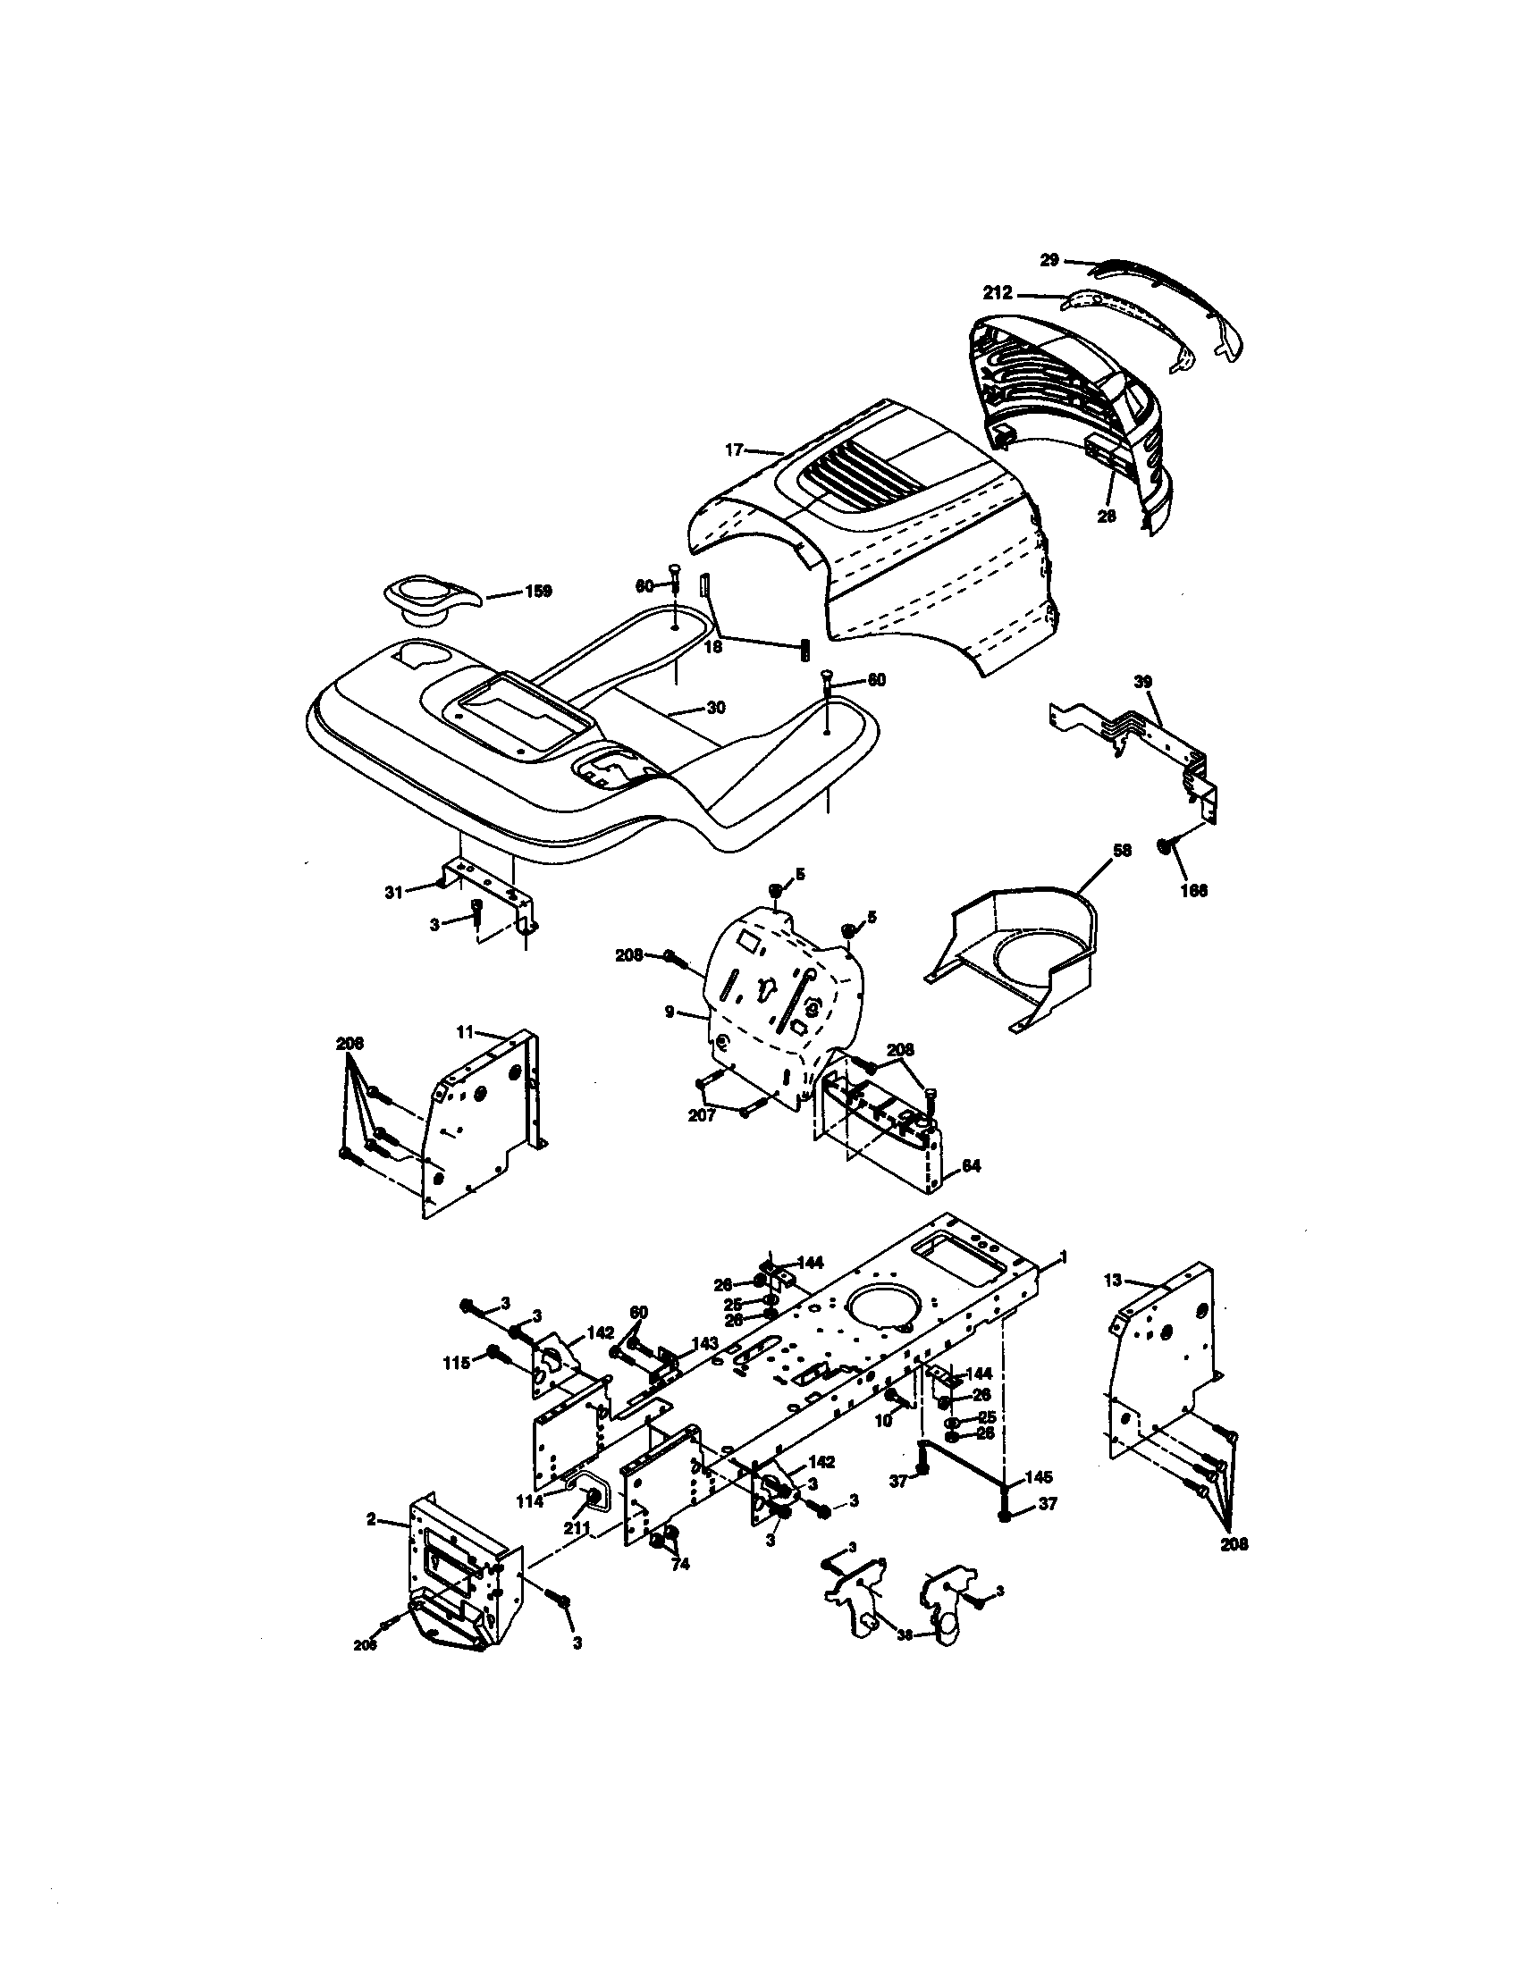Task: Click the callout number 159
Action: [537, 592]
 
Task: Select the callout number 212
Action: [998, 292]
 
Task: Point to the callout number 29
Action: [1049, 259]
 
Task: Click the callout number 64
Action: [971, 1164]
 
